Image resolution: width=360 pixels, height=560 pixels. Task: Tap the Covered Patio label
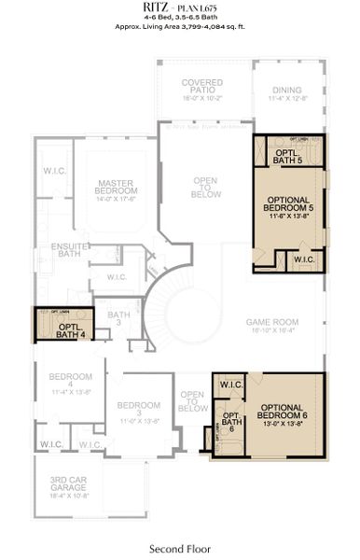(x=201, y=88)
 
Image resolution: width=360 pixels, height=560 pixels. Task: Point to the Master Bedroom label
(x=117, y=190)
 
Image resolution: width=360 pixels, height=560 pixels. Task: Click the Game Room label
(x=270, y=325)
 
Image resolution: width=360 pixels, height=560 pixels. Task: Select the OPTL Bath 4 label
(x=70, y=329)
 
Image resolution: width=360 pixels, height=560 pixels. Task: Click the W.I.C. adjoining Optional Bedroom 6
(x=232, y=385)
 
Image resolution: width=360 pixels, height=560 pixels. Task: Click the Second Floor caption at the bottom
(x=179, y=548)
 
